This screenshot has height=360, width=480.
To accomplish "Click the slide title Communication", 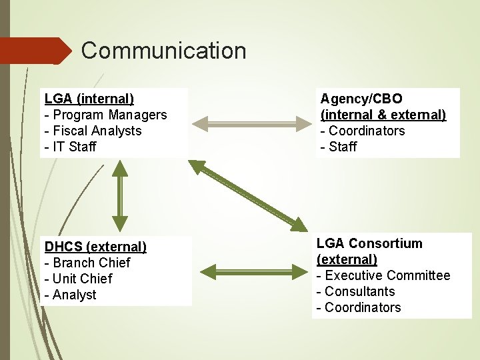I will pyautogui.click(x=163, y=51).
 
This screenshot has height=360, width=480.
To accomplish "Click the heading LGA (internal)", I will pyautogui.click(x=89, y=99).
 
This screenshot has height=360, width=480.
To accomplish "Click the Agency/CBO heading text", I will pyautogui.click(x=361, y=99).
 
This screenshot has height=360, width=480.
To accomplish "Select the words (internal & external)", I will pyautogui.click(x=383, y=115).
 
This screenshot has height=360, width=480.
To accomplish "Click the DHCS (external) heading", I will pyautogui.click(x=95, y=247).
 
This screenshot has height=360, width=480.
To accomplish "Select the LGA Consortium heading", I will pyautogui.click(x=369, y=243).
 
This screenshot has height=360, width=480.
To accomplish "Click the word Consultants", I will pyautogui.click(x=360, y=291).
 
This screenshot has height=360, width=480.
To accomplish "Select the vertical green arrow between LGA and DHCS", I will pyautogui.click(x=120, y=198).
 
